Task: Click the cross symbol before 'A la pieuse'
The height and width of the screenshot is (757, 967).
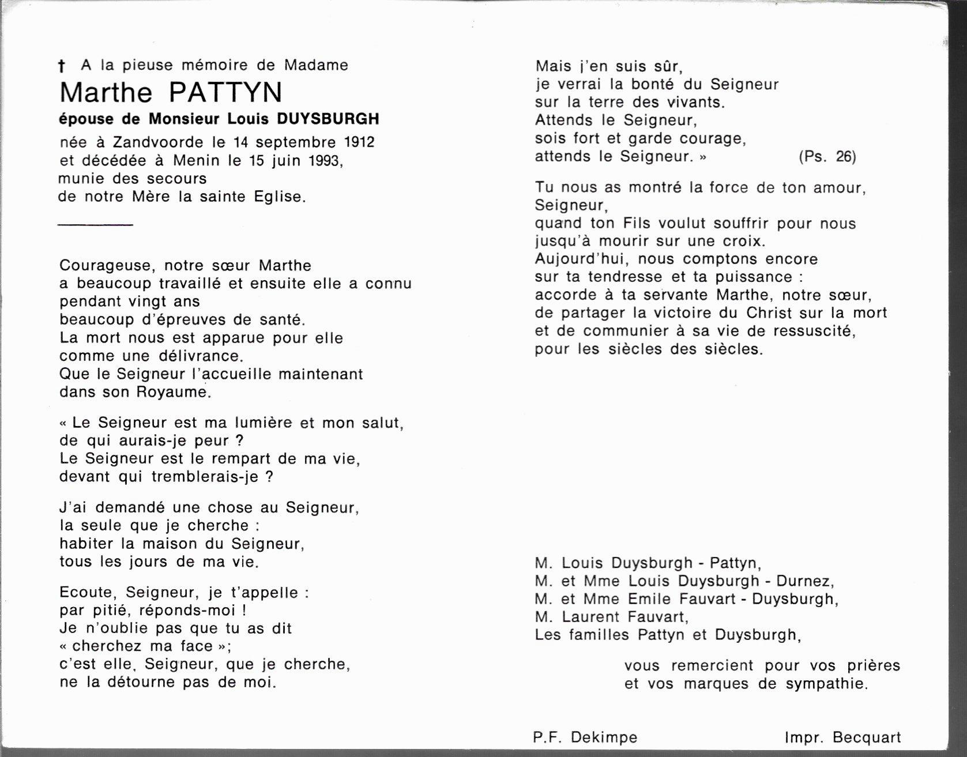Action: (62, 66)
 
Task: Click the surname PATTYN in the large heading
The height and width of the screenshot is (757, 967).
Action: (225, 93)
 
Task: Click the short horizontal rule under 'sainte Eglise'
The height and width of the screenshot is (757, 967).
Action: (96, 224)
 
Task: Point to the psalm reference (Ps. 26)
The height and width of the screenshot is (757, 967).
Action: (827, 156)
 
